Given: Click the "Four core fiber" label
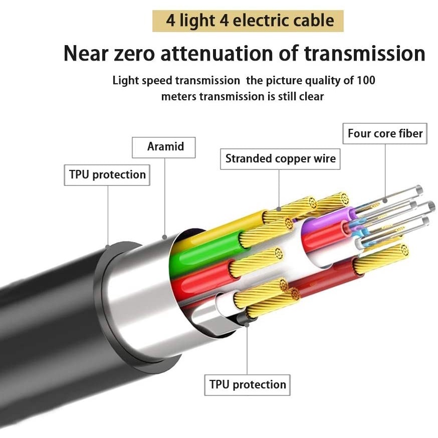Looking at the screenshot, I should click(x=385, y=134).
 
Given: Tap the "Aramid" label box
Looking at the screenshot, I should click(x=165, y=147).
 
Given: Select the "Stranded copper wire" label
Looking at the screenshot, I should click(x=280, y=159).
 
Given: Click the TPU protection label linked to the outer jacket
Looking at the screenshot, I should click(x=107, y=175).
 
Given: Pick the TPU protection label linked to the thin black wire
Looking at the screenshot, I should click(x=248, y=385).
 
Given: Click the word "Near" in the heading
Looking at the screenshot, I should click(x=85, y=53).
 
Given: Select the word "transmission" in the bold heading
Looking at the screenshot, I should click(x=368, y=53).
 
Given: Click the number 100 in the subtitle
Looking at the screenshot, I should click(x=365, y=80).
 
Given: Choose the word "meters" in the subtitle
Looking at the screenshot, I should click(x=178, y=96).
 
